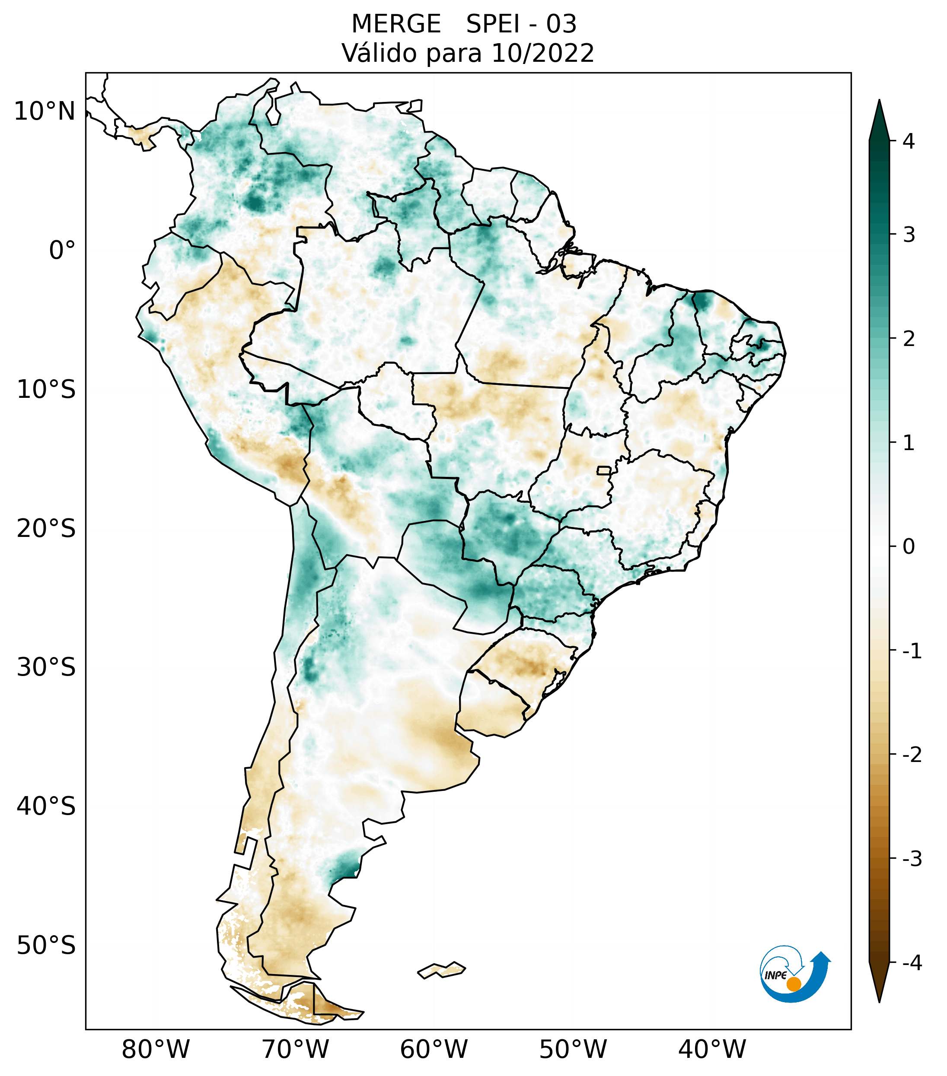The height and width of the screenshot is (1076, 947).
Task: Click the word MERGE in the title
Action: pyautogui.click(x=395, y=24)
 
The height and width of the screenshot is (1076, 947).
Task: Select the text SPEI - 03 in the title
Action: pyautogui.click(x=521, y=24)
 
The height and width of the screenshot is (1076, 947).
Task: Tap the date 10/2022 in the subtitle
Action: pyautogui.click(x=542, y=53)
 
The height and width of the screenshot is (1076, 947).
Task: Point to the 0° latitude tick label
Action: pyautogui.click(x=62, y=251)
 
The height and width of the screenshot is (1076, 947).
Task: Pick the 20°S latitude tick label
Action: pyautogui.click(x=46, y=529)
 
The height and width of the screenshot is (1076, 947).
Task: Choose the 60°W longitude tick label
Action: pyautogui.click(x=434, y=1050)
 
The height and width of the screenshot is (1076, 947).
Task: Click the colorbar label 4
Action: pyautogui.click(x=909, y=141)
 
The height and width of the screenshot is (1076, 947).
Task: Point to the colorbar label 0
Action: pyautogui.click(x=909, y=547)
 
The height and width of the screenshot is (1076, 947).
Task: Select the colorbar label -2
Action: pyautogui.click(x=912, y=755)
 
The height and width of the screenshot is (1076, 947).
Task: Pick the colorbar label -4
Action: pyautogui.click(x=912, y=963)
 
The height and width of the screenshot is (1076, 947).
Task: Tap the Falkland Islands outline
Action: pyautogui.click(x=441, y=970)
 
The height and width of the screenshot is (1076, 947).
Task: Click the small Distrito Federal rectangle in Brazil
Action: pyautogui.click(x=604, y=470)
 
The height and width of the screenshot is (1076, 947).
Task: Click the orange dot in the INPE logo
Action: pyautogui.click(x=793, y=984)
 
